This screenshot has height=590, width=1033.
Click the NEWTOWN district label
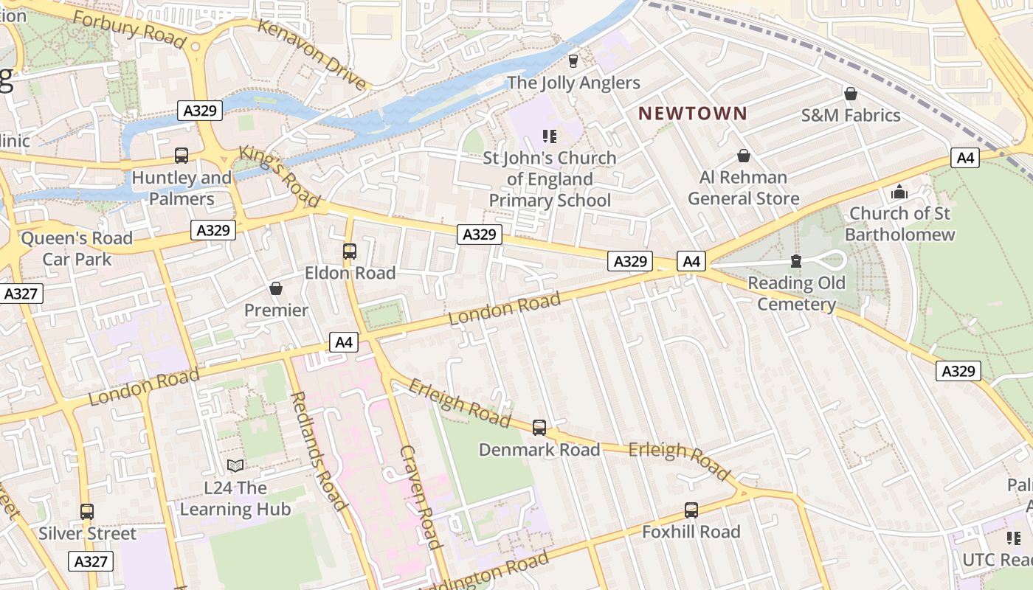[692, 114]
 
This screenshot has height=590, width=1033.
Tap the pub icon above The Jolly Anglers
[573, 60]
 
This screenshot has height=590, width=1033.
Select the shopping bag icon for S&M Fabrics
[850, 94]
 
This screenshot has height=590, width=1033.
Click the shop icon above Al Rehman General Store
[743, 156]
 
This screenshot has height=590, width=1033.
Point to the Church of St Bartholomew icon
[899, 192]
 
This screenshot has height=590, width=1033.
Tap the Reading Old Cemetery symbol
[795, 261]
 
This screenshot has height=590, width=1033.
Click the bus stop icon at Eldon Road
[350, 251]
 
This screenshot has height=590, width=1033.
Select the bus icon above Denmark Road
[539, 428]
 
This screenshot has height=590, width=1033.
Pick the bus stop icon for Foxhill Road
[691, 510]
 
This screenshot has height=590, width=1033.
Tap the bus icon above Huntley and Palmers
[182, 156]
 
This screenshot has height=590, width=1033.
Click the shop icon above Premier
[276, 288]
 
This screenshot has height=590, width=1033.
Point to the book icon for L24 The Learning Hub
[235, 466]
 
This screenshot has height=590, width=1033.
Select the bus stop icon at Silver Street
[87, 512]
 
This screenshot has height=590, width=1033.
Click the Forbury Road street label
[128, 30]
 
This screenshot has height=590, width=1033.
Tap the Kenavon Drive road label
[312, 55]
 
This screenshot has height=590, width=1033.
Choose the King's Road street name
[279, 176]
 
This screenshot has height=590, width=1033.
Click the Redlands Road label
[318, 451]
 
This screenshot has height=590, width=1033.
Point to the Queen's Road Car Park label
[77, 249]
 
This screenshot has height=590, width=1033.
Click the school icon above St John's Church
[549, 136]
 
